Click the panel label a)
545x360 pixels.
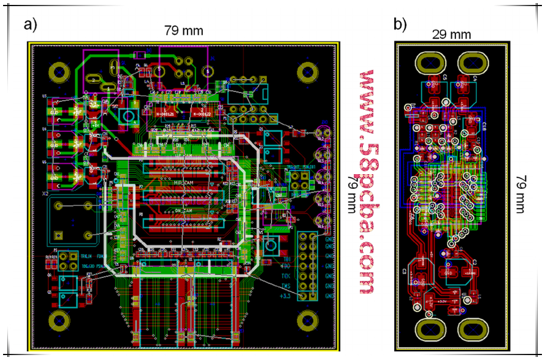tap(30, 25)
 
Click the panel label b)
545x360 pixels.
tap(400, 25)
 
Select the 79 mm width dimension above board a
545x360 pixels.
tap(183, 30)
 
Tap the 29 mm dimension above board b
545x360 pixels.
tap(452, 34)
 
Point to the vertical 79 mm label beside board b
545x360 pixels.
tap(520, 194)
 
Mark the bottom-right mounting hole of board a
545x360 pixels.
tap(308, 321)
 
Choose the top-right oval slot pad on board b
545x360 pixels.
tap(473, 63)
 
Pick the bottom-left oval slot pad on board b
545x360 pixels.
tap(432, 330)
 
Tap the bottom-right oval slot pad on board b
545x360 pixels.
tap(473, 330)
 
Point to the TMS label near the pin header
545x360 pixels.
tap(286, 286)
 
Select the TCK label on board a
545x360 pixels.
tap(286, 277)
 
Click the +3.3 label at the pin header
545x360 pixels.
tap(284, 296)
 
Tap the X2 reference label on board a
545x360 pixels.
tap(45, 193)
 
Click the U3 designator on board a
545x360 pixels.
tap(44, 97)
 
